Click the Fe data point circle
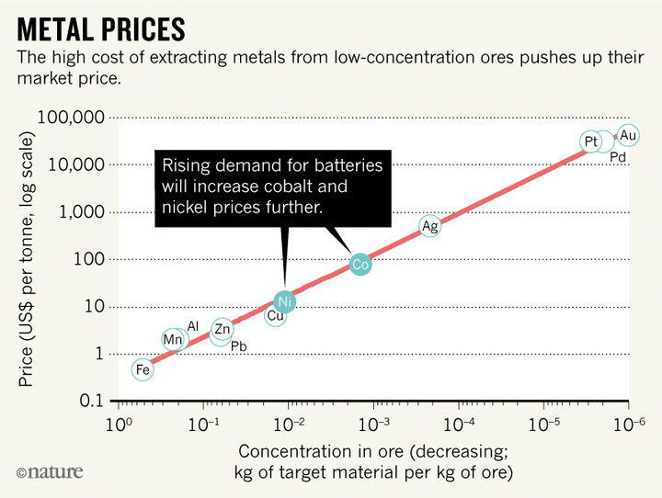[142, 369]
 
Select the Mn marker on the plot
[172, 339]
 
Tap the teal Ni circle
[285, 300]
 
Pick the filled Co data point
[360, 264]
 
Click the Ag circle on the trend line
[429, 226]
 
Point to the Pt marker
[590, 141]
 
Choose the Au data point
[628, 135]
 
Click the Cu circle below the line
[275, 316]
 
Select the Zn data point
[223, 328]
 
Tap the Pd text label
[618, 158]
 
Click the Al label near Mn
[193, 326]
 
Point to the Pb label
[239, 346]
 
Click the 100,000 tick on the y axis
[74, 119]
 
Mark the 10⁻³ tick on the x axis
[374, 424]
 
